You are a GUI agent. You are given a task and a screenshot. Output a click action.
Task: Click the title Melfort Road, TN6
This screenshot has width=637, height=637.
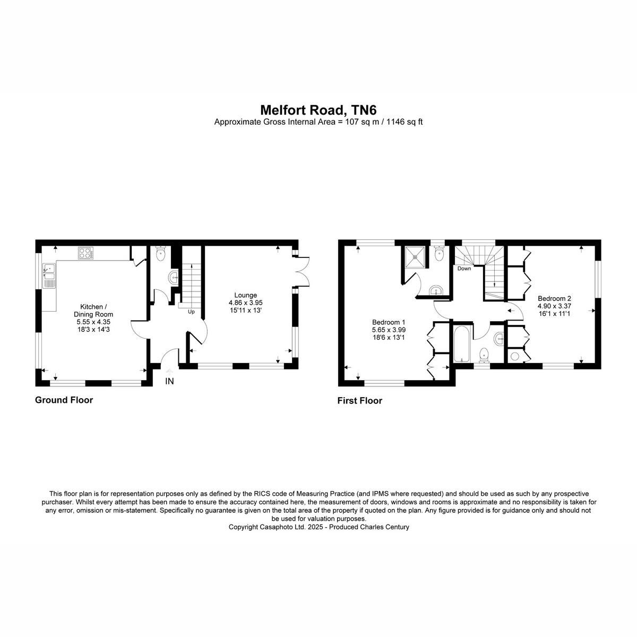click(318, 110)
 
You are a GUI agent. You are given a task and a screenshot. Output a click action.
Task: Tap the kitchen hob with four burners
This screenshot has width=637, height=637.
click(85, 253)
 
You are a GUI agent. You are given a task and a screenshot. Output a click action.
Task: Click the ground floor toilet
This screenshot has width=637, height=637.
click(160, 254)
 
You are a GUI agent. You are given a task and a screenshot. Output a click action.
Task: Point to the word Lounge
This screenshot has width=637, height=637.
click(245, 295)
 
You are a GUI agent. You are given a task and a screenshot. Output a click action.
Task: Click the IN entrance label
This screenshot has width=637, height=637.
click(169, 381)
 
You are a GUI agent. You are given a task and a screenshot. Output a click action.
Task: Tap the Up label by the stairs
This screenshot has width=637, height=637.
click(191, 312)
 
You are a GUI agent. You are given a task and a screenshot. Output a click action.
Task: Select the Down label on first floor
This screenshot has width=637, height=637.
click(464, 269)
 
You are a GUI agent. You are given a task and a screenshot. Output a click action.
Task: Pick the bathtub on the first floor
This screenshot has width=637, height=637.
click(460, 344)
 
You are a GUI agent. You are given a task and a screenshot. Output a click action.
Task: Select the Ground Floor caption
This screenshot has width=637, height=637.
click(64, 400)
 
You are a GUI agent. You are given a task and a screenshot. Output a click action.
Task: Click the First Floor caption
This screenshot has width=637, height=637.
click(360, 401)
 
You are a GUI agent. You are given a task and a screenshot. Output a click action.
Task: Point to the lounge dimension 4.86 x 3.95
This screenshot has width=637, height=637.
click(245, 303)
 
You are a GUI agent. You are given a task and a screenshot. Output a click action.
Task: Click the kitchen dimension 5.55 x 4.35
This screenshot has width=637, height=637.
click(93, 322)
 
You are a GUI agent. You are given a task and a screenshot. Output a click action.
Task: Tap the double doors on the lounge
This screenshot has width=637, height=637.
click(303, 271)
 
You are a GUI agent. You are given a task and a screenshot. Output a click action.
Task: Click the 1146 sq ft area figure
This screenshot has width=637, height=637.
click(404, 122)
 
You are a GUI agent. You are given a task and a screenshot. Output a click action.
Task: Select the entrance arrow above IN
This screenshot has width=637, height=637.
click(169, 372)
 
